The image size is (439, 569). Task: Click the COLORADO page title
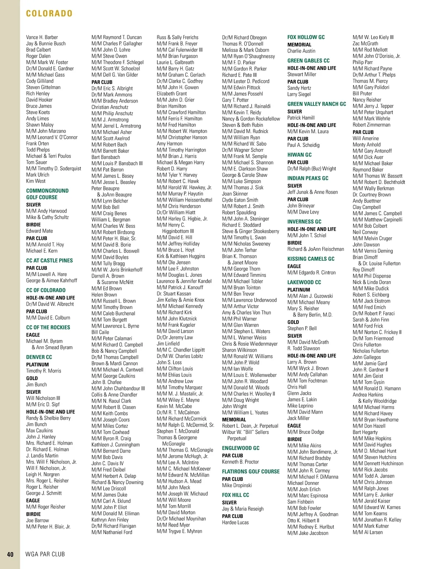(49, 14)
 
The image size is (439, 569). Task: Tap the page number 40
(10, 554)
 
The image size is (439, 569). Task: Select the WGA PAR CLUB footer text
(45, 554)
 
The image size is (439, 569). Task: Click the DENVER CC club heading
(39, 357)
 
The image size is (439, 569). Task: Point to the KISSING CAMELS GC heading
(311, 259)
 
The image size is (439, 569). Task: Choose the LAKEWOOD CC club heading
(304, 282)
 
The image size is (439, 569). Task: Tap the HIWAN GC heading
(299, 154)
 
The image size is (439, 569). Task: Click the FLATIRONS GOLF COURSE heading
(251, 471)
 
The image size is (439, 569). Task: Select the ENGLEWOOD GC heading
(240, 448)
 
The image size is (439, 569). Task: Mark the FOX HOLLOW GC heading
(306, 37)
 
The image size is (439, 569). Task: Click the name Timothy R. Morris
(44, 371)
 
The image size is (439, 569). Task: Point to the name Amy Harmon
(169, 144)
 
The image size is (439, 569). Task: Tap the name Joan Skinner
(235, 194)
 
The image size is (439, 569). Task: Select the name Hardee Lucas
(235, 522)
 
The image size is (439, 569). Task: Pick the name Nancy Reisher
(367, 100)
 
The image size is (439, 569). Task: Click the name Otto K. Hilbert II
(303, 520)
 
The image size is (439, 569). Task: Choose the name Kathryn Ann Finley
(110, 520)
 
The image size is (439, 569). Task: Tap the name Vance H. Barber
(42, 37)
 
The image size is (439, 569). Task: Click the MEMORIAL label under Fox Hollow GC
(299, 45)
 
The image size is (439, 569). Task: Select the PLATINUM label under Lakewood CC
(299, 290)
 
